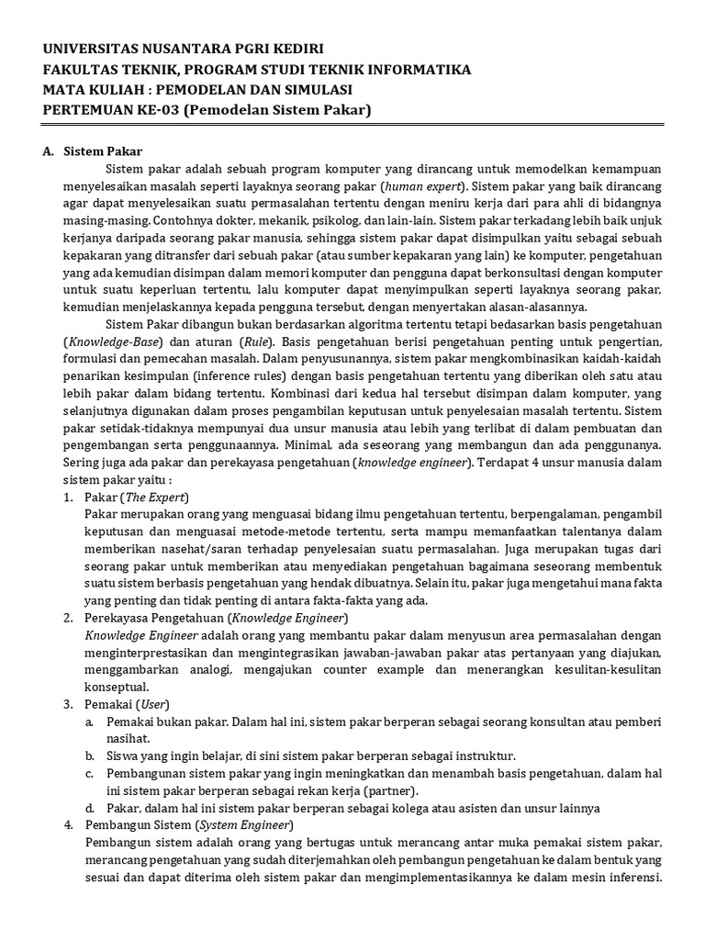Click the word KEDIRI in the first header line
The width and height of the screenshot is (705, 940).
(297, 49)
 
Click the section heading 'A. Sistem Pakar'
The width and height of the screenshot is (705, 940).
(92, 151)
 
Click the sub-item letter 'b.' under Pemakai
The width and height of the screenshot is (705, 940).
(89, 755)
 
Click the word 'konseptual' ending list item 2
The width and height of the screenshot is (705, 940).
(115, 687)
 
